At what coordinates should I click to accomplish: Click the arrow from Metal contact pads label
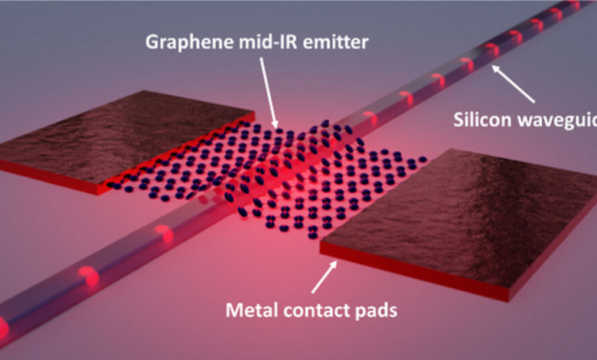point(324,277)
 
